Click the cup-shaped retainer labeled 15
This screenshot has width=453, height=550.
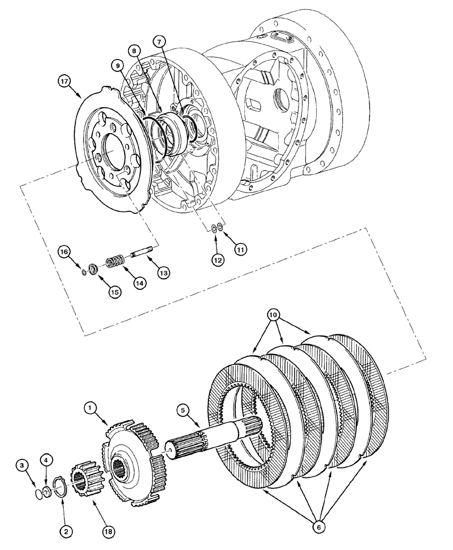pyautogui.click(x=93, y=268)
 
